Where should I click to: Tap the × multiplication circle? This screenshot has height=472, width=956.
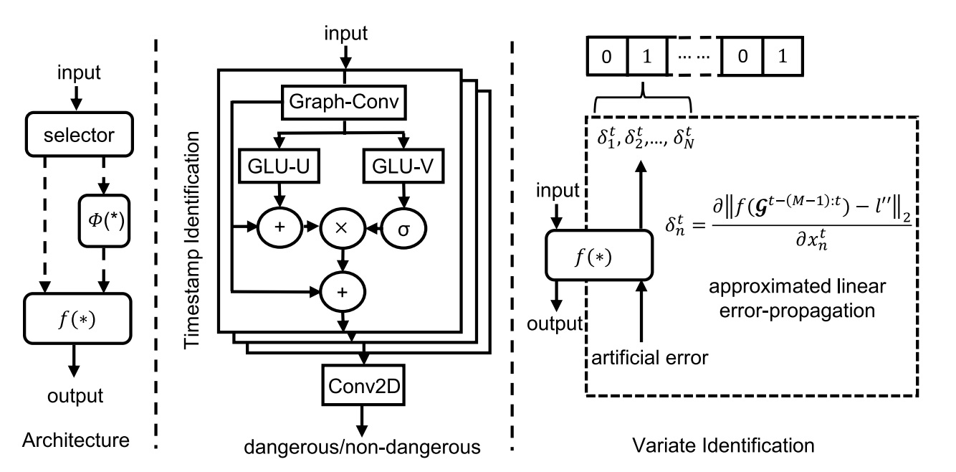pos(343,227)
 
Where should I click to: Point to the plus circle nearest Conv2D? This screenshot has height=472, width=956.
pos(343,290)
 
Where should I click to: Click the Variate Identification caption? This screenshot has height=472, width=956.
pos(724,445)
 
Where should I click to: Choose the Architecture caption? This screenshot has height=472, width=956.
pos(76,439)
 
